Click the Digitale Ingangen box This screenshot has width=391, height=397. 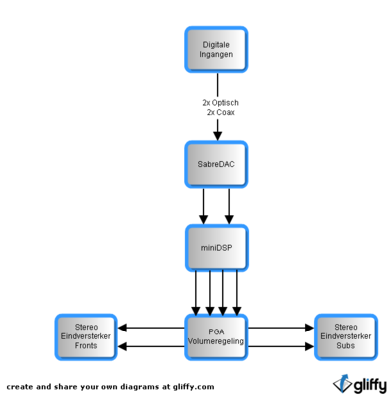[x=216, y=50]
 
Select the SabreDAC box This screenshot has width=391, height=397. [x=216, y=164]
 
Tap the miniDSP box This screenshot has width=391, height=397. [x=216, y=248]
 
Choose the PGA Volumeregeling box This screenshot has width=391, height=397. [x=216, y=337]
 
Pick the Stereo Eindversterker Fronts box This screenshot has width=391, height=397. [x=86, y=337]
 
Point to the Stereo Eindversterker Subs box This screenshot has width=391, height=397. [x=346, y=337]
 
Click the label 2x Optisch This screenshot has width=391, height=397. [x=220, y=103]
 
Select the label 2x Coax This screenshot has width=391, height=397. [x=221, y=112]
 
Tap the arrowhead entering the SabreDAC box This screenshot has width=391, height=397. [x=218, y=136]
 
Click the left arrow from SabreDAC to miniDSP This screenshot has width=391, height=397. [x=203, y=206]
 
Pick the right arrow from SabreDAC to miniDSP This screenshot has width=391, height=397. [x=229, y=206]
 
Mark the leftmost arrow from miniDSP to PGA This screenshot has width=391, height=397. [x=196, y=293]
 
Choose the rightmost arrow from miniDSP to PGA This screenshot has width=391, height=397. [x=237, y=293]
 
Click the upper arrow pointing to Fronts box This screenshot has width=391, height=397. [x=151, y=328]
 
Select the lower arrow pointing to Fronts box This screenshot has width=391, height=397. [x=151, y=346]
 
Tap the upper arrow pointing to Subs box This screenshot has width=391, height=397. [x=281, y=328]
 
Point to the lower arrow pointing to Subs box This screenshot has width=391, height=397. [x=281, y=346]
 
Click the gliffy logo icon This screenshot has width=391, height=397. [x=342, y=384]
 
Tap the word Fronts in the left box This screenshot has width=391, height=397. [x=86, y=346]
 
